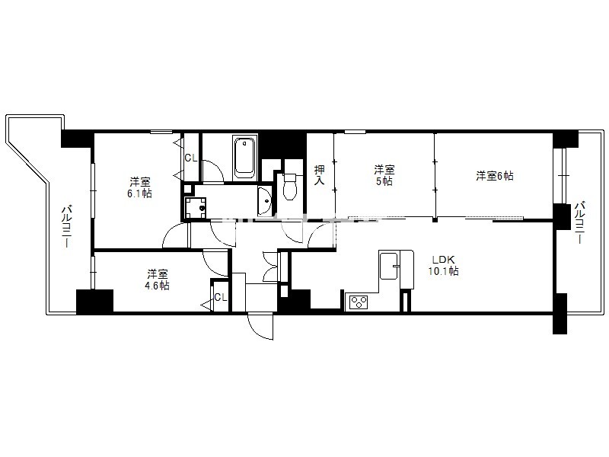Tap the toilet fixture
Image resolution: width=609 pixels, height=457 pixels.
click(289, 187)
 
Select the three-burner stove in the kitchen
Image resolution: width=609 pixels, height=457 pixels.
click(359, 302)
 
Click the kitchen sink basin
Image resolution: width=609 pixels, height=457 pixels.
click(388, 266)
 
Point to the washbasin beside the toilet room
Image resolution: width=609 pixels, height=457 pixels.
click(265, 201)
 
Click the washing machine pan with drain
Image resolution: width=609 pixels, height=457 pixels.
click(196, 208)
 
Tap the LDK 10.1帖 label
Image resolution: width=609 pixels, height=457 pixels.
click(443, 265)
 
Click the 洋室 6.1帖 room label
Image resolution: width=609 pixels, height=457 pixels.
click(140, 187)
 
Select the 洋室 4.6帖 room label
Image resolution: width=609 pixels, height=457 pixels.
click(158, 280)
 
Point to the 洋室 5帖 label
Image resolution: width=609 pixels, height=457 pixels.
click(384, 175)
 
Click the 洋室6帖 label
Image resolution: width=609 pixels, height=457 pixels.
click(494, 176)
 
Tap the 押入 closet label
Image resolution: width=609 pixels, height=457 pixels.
click(319, 175)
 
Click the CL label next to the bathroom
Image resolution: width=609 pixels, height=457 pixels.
click(191, 158)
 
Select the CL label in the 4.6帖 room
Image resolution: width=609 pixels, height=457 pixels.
click(220, 297)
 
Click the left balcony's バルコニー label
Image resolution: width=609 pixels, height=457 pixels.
click(65, 227)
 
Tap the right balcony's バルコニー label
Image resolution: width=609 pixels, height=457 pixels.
click(580, 222)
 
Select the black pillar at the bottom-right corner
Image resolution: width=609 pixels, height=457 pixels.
click(560, 313)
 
